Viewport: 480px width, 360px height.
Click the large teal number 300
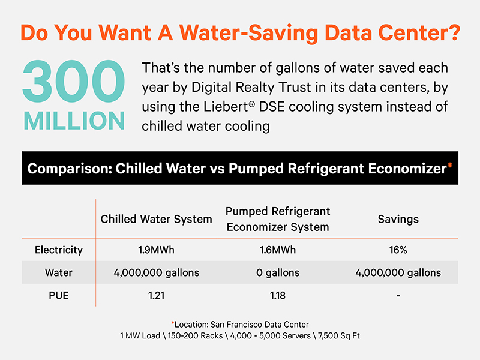point(73,81)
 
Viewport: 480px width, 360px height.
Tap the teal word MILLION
point(74,121)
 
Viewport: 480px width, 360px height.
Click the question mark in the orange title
point(453,32)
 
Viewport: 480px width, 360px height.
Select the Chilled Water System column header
point(156,219)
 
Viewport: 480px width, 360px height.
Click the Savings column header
point(398,219)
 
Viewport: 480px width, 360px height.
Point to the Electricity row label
point(59,250)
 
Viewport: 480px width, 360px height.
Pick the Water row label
point(59,272)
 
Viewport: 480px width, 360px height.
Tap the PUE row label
point(59,295)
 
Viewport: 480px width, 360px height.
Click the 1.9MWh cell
point(156,250)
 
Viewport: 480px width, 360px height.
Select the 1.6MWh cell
point(278,250)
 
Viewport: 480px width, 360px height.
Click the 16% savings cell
point(398,250)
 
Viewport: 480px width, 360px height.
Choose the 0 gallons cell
point(278,272)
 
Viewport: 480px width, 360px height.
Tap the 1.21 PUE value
point(156,295)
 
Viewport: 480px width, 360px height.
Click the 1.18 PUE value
point(278,295)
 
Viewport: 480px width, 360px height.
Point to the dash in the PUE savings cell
point(398,296)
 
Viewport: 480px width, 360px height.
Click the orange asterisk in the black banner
point(449,166)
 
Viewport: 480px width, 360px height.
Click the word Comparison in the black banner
point(70,169)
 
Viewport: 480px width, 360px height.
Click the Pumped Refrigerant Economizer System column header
point(278,219)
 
